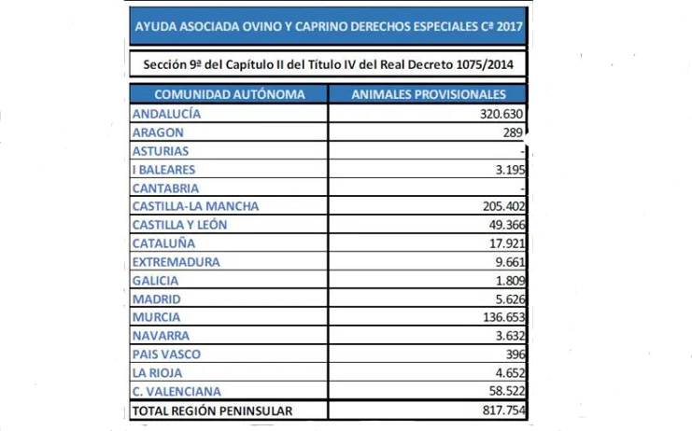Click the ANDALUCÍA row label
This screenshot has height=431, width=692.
point(168,114)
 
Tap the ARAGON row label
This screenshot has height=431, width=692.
point(158,132)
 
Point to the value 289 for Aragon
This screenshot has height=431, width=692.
point(515,132)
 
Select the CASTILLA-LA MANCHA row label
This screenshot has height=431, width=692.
point(195,206)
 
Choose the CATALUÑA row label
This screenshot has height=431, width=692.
point(163,243)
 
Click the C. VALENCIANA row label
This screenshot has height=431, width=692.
point(177,391)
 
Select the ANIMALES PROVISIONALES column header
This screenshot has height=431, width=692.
point(429,94)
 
